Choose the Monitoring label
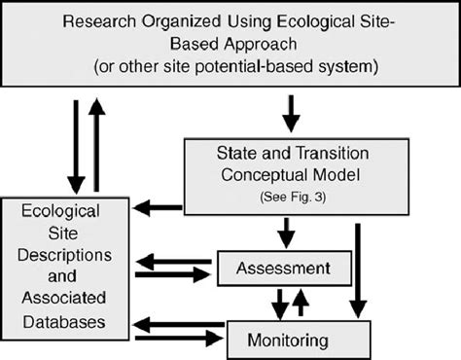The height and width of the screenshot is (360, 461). click(299, 340)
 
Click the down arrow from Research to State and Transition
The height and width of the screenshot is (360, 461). click(288, 111)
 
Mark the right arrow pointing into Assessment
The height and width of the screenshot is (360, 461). click(174, 274)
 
